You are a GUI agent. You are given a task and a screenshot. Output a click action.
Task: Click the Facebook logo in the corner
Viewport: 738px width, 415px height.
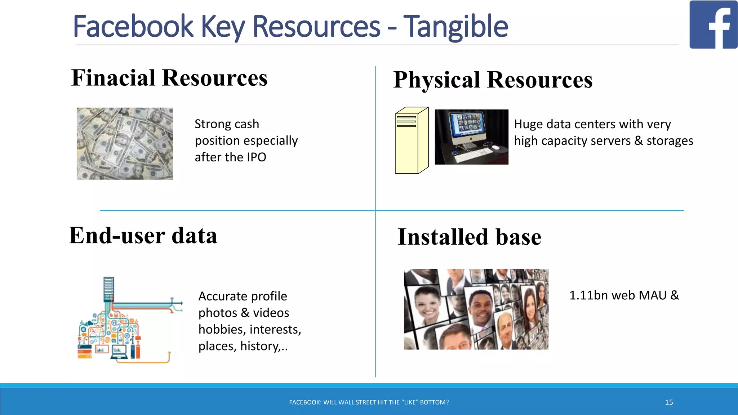713,24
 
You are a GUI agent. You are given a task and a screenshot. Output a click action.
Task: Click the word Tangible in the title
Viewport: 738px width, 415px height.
455,27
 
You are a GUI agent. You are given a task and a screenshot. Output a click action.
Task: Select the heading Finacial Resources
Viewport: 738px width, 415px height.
169,78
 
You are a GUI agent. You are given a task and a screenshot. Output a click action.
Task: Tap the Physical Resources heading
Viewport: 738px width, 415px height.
493,80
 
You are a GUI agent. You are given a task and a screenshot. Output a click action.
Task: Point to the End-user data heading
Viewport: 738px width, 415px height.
143,236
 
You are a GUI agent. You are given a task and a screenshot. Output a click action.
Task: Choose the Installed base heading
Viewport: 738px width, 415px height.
469,237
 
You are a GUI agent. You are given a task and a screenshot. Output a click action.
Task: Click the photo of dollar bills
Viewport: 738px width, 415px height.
125,143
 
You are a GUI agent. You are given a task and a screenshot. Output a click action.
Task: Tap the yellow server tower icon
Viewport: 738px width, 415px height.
412,140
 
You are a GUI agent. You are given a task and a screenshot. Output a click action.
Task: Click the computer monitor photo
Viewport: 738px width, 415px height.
471,137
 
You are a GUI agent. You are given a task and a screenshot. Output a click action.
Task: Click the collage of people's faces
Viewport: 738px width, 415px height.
476,309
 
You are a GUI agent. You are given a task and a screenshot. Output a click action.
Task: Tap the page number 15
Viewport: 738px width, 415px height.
669,402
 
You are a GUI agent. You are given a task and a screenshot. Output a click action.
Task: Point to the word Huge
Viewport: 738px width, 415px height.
528,124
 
